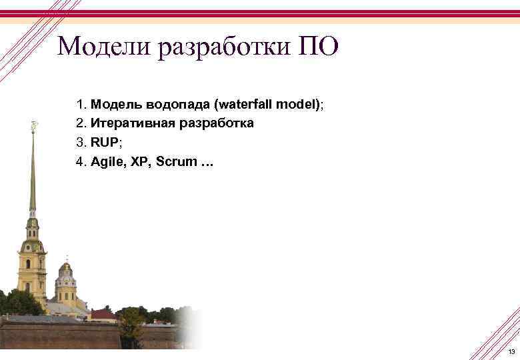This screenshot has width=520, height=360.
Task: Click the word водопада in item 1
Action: click(x=173, y=105)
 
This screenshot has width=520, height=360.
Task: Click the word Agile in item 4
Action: click(x=107, y=162)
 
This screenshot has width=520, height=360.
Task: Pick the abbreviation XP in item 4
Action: click(x=141, y=162)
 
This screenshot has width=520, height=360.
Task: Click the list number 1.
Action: click(x=80, y=105)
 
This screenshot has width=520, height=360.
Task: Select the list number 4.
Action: click(x=80, y=162)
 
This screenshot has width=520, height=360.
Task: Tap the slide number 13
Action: click(x=511, y=352)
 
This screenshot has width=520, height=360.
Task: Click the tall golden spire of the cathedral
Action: click(x=32, y=173)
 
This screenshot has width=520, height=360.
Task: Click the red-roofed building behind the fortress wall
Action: click(x=103, y=313)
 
